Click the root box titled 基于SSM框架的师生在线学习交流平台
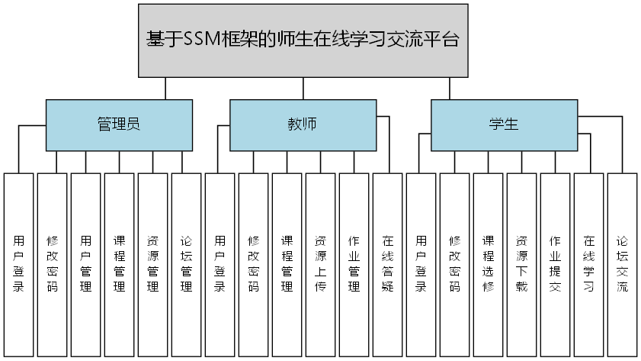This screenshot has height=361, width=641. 303,40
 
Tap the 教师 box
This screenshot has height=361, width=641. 303,124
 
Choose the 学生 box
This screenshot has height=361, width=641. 503,124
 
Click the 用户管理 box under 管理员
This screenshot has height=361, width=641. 85,264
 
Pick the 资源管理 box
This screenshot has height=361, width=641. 152,264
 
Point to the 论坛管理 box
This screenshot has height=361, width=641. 186,264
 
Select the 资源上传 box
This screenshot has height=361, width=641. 320,264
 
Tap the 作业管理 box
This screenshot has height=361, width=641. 354,264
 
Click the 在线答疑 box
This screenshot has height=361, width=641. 387,264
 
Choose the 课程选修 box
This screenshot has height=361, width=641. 488,264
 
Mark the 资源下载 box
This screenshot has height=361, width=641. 521,264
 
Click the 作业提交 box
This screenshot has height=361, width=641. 555,264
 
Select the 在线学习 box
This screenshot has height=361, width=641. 588,264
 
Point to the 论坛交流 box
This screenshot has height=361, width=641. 622,264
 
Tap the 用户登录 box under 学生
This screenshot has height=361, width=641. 421,264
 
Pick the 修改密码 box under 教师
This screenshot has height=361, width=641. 253,264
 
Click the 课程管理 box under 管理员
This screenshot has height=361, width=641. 119,264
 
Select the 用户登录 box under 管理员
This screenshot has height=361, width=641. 18,264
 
